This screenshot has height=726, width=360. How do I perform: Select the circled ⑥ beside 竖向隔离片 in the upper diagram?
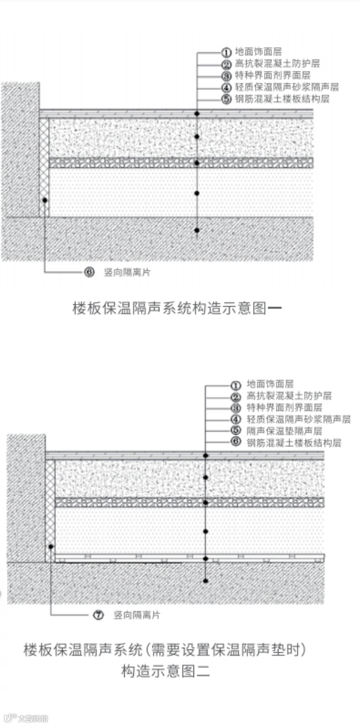pos(89,272)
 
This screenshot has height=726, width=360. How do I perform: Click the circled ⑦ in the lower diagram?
pos(98,615)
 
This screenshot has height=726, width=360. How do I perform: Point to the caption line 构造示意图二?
pos(166,672)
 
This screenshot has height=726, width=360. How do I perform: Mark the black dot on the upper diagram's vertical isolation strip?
pos(44,200)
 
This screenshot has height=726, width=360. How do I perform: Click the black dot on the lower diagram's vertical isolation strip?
pos(51,547)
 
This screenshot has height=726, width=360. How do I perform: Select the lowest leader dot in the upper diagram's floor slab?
pos(197,230)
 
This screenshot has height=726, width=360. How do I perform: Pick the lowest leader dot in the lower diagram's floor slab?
pos(206,580)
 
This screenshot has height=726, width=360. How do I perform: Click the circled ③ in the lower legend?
pos(236,407)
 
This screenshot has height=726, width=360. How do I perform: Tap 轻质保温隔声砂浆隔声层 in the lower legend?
pos(298,419)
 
